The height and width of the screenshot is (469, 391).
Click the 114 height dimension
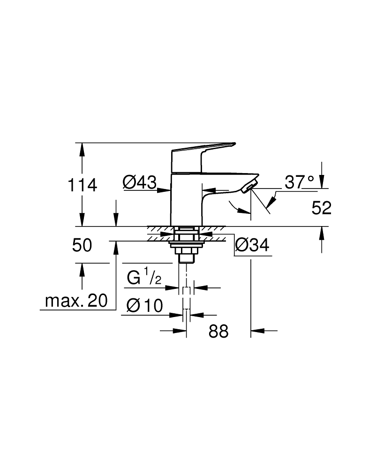pos(83,185)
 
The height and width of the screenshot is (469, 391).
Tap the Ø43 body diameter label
pos(139,182)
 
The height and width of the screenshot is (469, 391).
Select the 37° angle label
pos(300,182)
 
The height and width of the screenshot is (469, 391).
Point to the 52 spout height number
pos(321,208)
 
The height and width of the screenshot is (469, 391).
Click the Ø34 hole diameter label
pos(253,245)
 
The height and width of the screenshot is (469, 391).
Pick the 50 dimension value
pos(82,245)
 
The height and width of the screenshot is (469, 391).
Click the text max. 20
pos(76,301)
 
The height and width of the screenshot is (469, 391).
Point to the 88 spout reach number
pos(218,331)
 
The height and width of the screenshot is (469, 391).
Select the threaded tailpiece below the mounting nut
pos(186,256)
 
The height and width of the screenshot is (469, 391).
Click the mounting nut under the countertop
pos(186,244)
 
